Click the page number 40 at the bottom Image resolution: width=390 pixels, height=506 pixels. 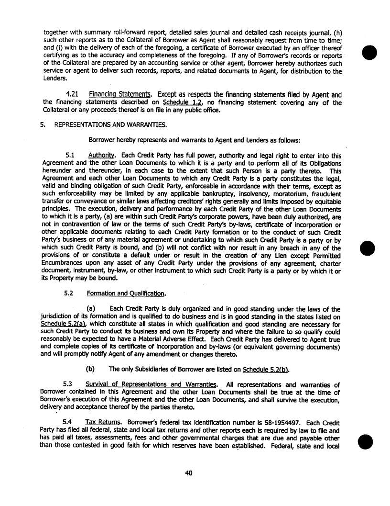pyautogui.click(x=188, y=473)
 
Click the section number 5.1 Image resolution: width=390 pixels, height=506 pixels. pyautogui.click(x=70, y=156)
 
